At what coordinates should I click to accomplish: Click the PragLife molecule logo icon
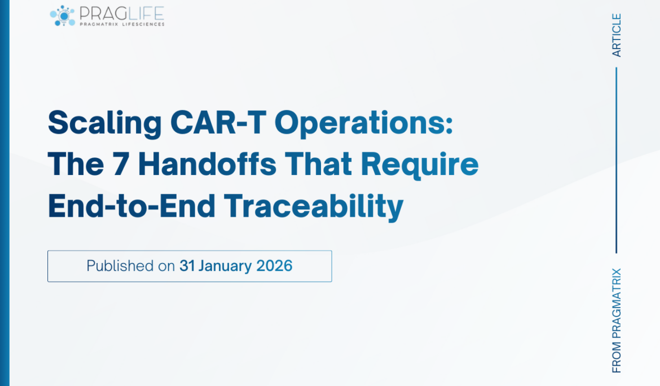[x=62, y=16]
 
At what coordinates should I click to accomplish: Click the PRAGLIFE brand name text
[x=121, y=12]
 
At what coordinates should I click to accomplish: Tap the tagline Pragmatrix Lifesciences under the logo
[x=121, y=24]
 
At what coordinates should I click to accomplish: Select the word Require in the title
[x=420, y=165]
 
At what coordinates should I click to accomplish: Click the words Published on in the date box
[x=130, y=266]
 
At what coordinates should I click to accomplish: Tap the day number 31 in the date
[x=187, y=266]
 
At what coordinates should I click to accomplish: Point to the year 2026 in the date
[x=274, y=266]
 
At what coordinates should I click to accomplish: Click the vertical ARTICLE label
[x=617, y=35]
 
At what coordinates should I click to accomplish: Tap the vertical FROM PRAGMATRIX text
[x=617, y=320]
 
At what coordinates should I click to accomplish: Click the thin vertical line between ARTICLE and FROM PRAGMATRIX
[x=617, y=160]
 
